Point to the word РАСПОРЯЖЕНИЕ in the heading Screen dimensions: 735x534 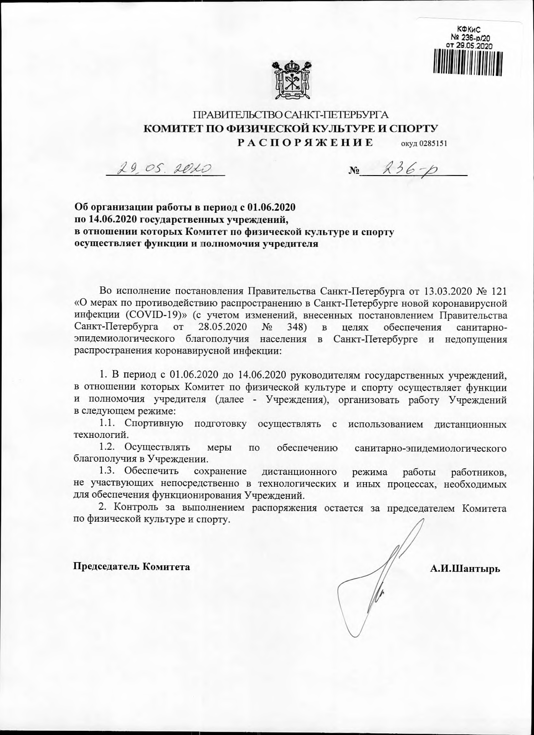pos(305,143)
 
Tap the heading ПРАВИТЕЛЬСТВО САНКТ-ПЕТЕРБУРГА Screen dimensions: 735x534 pos(290,115)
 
